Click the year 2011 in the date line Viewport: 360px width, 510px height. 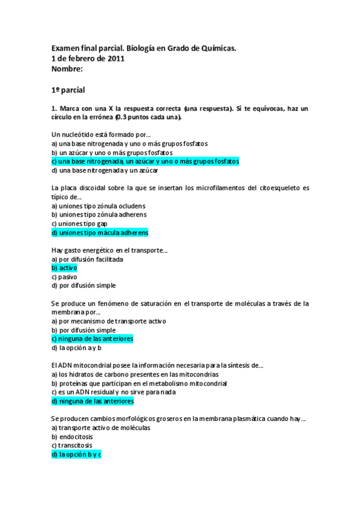point(116,58)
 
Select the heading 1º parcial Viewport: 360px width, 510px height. point(69,90)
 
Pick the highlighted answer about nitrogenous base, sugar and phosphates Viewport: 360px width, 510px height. point(145,161)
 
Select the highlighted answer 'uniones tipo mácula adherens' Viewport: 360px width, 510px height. point(100,232)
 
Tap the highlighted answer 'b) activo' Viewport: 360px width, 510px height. point(64,268)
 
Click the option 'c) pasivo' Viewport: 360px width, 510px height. point(64,277)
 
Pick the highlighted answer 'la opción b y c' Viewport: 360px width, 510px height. point(76,455)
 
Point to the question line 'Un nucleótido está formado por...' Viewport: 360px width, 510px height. point(101,134)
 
